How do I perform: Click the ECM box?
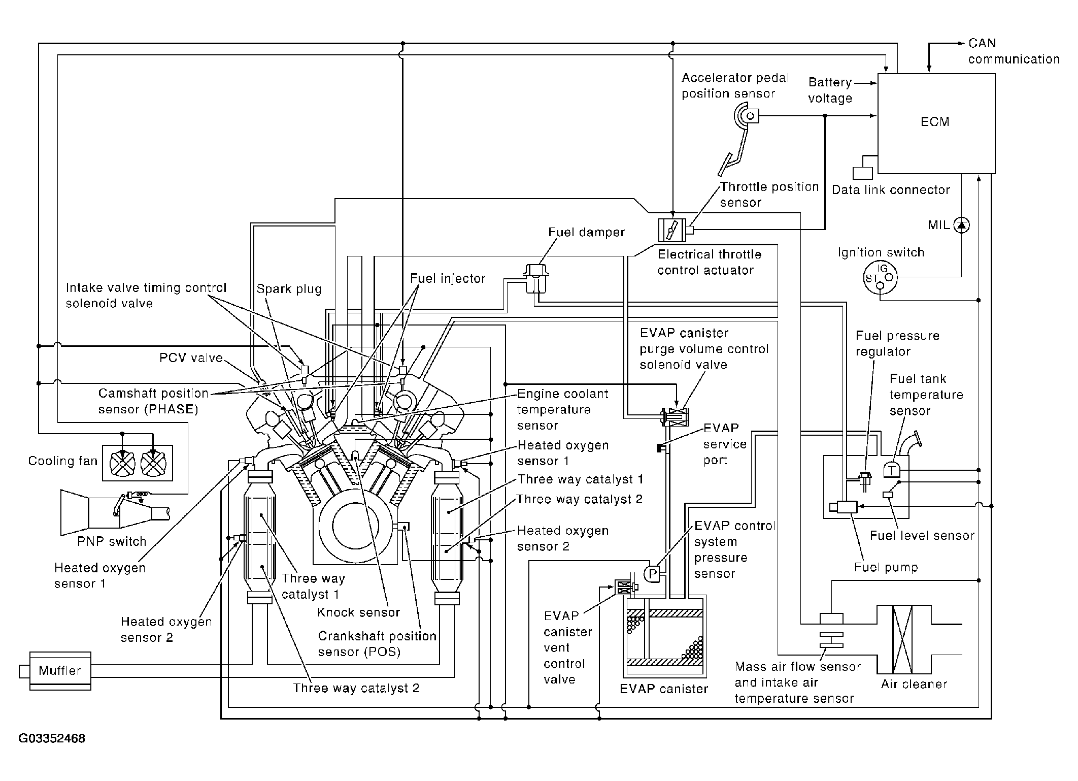pyautogui.click(x=936, y=123)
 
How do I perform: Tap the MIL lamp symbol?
pyautogui.click(x=961, y=225)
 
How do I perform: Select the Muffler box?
pyautogui.click(x=60, y=671)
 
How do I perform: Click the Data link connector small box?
pyautogui.click(x=862, y=173)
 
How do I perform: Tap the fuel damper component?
pyautogui.click(x=536, y=278)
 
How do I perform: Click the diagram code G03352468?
pyautogui.click(x=52, y=738)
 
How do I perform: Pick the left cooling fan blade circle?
pyautogui.click(x=123, y=463)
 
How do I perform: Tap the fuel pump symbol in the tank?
pyautogui.click(x=843, y=507)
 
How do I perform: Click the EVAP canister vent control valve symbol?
pyautogui.click(x=625, y=588)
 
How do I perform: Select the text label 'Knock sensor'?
pyautogui.click(x=359, y=612)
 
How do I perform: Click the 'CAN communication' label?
pyautogui.click(x=1014, y=51)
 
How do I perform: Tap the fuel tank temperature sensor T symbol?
pyautogui.click(x=891, y=470)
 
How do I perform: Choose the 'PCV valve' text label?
pyautogui.click(x=191, y=358)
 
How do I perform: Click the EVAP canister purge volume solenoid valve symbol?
pyautogui.click(x=675, y=417)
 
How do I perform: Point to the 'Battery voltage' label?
pyautogui.click(x=830, y=90)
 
